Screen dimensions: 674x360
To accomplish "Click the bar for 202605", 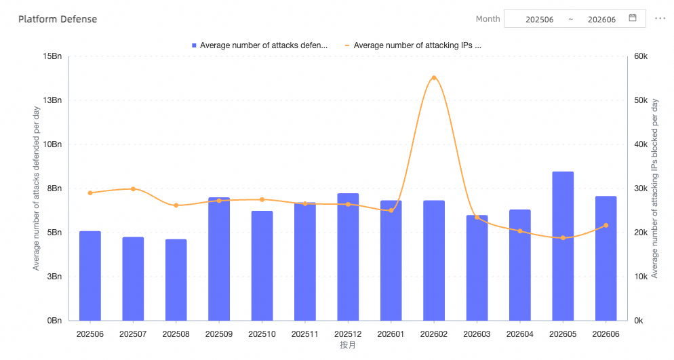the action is coord(563,246).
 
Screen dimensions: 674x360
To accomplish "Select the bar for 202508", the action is coord(176,280).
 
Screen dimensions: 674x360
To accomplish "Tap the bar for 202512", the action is coord(348,257).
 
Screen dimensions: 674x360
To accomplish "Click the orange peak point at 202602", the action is coord(434,78).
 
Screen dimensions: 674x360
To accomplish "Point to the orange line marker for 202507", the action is coord(133,189).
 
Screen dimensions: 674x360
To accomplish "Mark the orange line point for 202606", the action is coord(606,226).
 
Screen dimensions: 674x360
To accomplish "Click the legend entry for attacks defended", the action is coord(260,45).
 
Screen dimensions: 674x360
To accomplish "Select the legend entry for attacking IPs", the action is coord(413,45).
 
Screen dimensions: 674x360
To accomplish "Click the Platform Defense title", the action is coord(58,20).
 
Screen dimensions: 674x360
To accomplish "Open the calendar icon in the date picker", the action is coord(633,18).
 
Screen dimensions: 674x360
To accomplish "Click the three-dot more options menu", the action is coord(660,18).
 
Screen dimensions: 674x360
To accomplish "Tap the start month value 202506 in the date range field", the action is coord(540,20).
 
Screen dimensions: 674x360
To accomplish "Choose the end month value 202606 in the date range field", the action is coord(602,20).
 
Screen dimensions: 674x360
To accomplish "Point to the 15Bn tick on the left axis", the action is coord(52,56).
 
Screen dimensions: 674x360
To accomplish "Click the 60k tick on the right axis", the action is coord(641,56).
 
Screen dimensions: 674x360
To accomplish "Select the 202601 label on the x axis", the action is coord(391,334).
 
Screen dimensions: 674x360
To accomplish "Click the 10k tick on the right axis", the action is coord(641,277).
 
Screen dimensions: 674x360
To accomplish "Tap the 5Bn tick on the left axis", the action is coord(55,233).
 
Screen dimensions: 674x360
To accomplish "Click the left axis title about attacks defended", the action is coord(36,188).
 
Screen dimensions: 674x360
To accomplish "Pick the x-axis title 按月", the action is coord(348,345).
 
